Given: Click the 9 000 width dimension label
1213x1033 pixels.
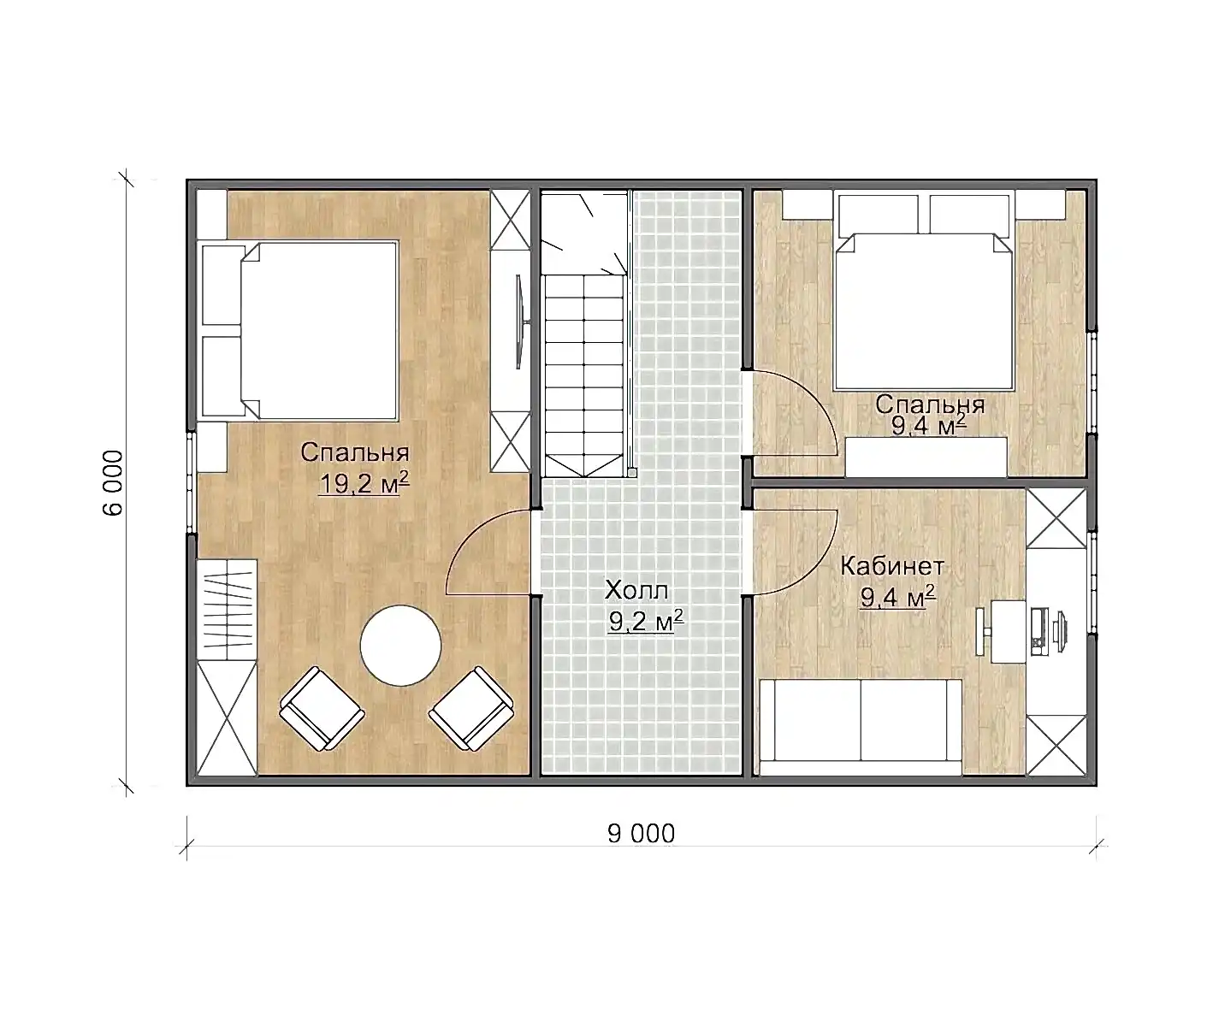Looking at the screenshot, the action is tap(641, 834).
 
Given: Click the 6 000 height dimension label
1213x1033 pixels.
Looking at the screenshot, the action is tap(113, 483).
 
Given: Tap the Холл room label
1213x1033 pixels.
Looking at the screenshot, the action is tap(636, 590).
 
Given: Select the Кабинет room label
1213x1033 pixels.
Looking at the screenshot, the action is tap(892, 566).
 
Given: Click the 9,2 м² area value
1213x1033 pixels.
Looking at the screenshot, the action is tap(646, 621).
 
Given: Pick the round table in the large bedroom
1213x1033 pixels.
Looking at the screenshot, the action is tap(400, 646).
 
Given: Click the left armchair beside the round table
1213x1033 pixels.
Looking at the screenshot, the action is tap(322, 709).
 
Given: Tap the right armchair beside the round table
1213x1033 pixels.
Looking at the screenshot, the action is tap(471, 709).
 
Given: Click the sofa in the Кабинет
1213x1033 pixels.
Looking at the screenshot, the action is tap(861, 728).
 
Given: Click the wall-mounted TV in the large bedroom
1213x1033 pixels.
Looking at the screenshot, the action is tap(520, 322).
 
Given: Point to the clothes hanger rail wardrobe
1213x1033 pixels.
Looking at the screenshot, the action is tap(227, 610).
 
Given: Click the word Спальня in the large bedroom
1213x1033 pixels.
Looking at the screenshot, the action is tap(355, 452).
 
